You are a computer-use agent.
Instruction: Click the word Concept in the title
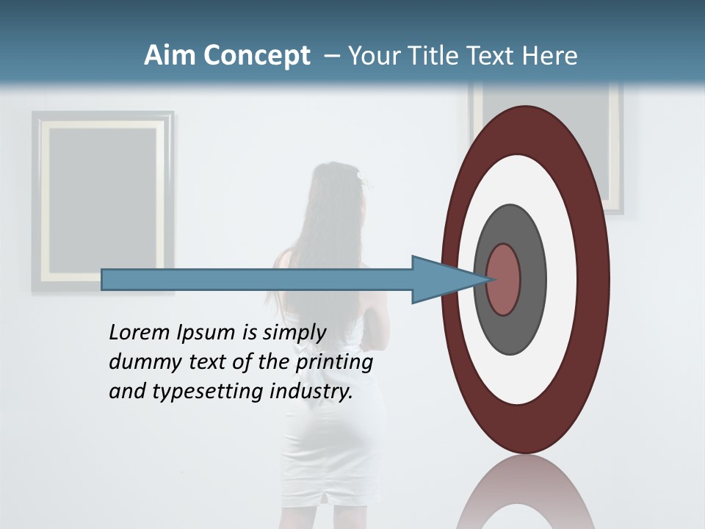click(256, 56)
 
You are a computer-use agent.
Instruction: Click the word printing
click(334, 363)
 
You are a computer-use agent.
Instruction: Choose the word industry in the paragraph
click(311, 392)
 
